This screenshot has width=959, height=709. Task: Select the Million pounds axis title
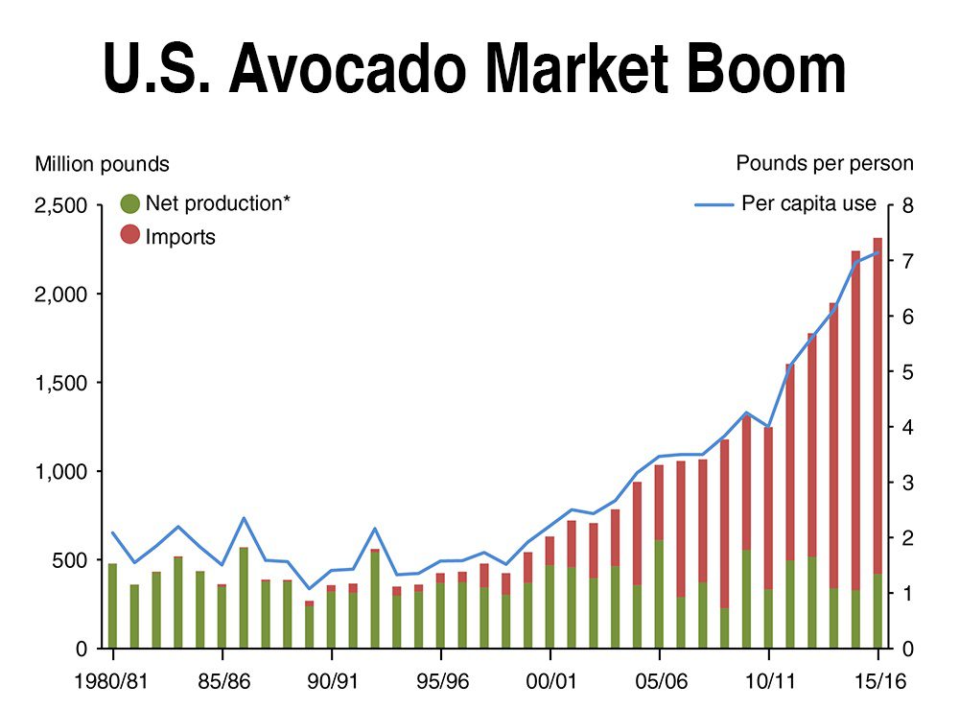point(103,164)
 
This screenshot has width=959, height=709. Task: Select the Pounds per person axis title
point(825,163)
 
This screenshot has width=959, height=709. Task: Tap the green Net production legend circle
point(130,203)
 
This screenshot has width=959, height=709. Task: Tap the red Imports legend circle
point(130,235)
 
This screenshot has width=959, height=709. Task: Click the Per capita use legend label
point(808,203)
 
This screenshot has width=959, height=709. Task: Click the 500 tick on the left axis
point(74,560)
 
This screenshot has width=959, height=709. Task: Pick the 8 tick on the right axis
point(908,205)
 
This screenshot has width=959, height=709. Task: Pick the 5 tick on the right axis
point(908,372)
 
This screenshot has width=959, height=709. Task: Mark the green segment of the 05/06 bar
point(659,595)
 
